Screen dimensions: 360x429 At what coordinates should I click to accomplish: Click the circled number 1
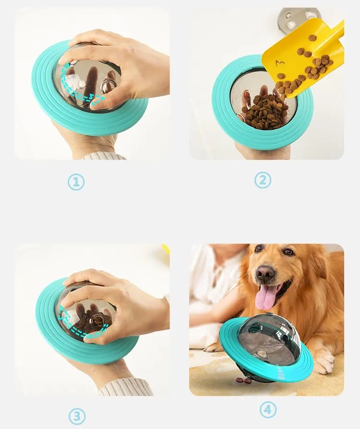76,182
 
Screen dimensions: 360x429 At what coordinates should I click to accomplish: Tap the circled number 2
263,180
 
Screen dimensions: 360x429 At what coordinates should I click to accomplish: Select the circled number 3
77,417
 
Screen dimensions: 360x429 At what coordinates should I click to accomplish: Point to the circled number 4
268,410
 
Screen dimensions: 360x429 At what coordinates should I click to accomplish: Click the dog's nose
265,273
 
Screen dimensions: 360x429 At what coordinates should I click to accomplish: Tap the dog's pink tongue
264,296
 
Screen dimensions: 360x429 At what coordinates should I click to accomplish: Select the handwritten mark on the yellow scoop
280,64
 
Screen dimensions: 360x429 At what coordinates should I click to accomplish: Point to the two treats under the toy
245,380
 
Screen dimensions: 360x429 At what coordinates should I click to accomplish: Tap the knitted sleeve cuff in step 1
105,156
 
